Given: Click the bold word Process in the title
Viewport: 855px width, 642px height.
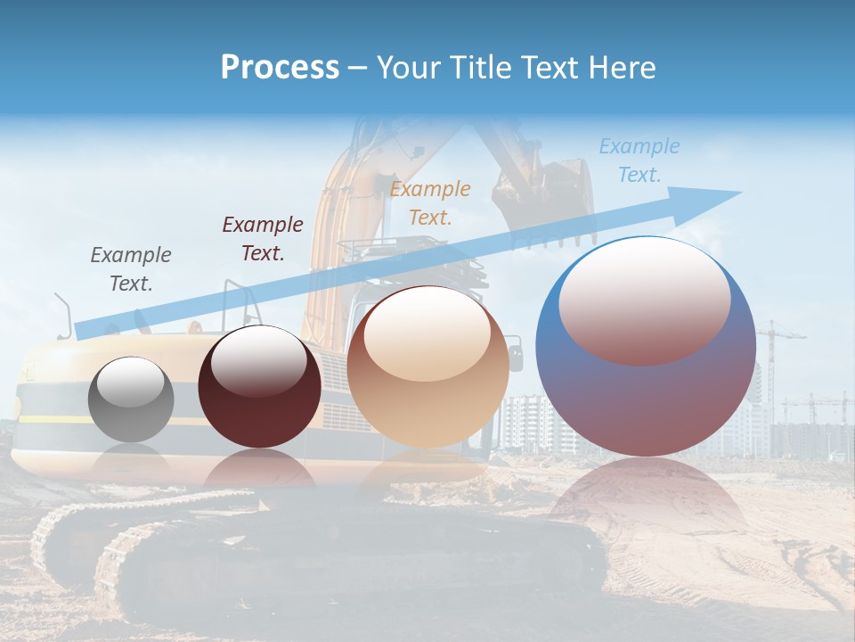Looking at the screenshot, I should (280, 68).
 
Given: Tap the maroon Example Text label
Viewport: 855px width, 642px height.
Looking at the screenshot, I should (263, 239).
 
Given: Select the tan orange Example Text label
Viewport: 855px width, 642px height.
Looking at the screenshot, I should (430, 202).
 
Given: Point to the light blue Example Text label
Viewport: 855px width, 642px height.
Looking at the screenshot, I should (639, 160).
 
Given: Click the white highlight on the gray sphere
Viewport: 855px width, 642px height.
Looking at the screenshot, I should (131, 382).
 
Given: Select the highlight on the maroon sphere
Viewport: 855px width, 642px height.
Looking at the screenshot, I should (258, 360).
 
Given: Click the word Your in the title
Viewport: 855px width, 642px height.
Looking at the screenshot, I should (404, 68).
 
